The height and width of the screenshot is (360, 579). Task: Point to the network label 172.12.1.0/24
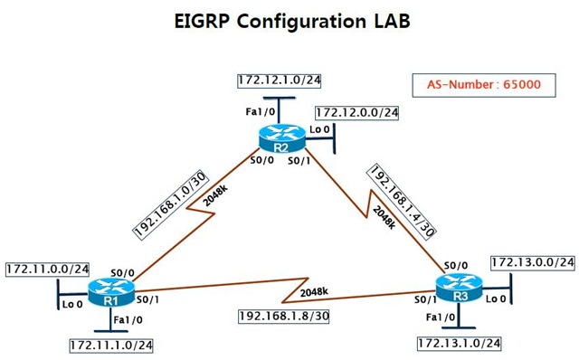click(x=280, y=81)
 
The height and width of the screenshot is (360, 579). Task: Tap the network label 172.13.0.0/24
click(x=533, y=262)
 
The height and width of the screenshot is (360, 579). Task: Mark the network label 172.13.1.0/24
click(x=459, y=344)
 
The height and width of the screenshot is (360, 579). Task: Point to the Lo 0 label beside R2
click(x=319, y=130)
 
